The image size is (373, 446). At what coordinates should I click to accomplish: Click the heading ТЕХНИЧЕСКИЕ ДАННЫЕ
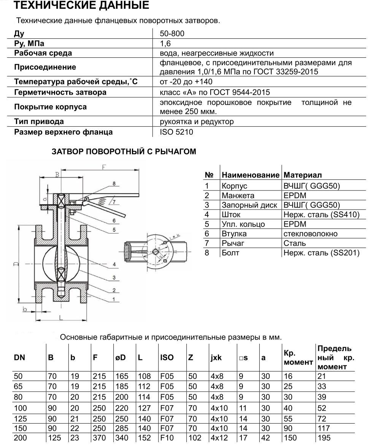[x=81, y=6]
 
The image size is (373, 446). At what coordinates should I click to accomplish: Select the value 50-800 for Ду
[x=172, y=33]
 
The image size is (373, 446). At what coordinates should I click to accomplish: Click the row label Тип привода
[x=39, y=122]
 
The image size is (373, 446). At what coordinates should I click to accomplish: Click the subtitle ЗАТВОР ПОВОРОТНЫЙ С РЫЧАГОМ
[x=124, y=152]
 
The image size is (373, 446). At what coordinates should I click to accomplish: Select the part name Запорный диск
[x=249, y=205]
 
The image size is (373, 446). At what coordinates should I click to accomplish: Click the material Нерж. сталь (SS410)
[x=321, y=214]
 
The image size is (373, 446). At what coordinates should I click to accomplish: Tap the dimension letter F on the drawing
[x=103, y=167]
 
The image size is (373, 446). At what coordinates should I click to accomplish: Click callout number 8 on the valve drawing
[x=113, y=184]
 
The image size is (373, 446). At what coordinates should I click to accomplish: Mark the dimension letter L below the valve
[x=61, y=316]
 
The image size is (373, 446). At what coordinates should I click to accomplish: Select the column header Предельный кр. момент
[x=335, y=357]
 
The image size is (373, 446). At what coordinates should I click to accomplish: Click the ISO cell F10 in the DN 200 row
[x=167, y=438]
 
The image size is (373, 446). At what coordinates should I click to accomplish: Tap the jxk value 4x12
[x=219, y=438]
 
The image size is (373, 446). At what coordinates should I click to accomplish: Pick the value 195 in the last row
[x=324, y=438]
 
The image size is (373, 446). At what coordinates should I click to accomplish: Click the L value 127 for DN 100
[x=144, y=408]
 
